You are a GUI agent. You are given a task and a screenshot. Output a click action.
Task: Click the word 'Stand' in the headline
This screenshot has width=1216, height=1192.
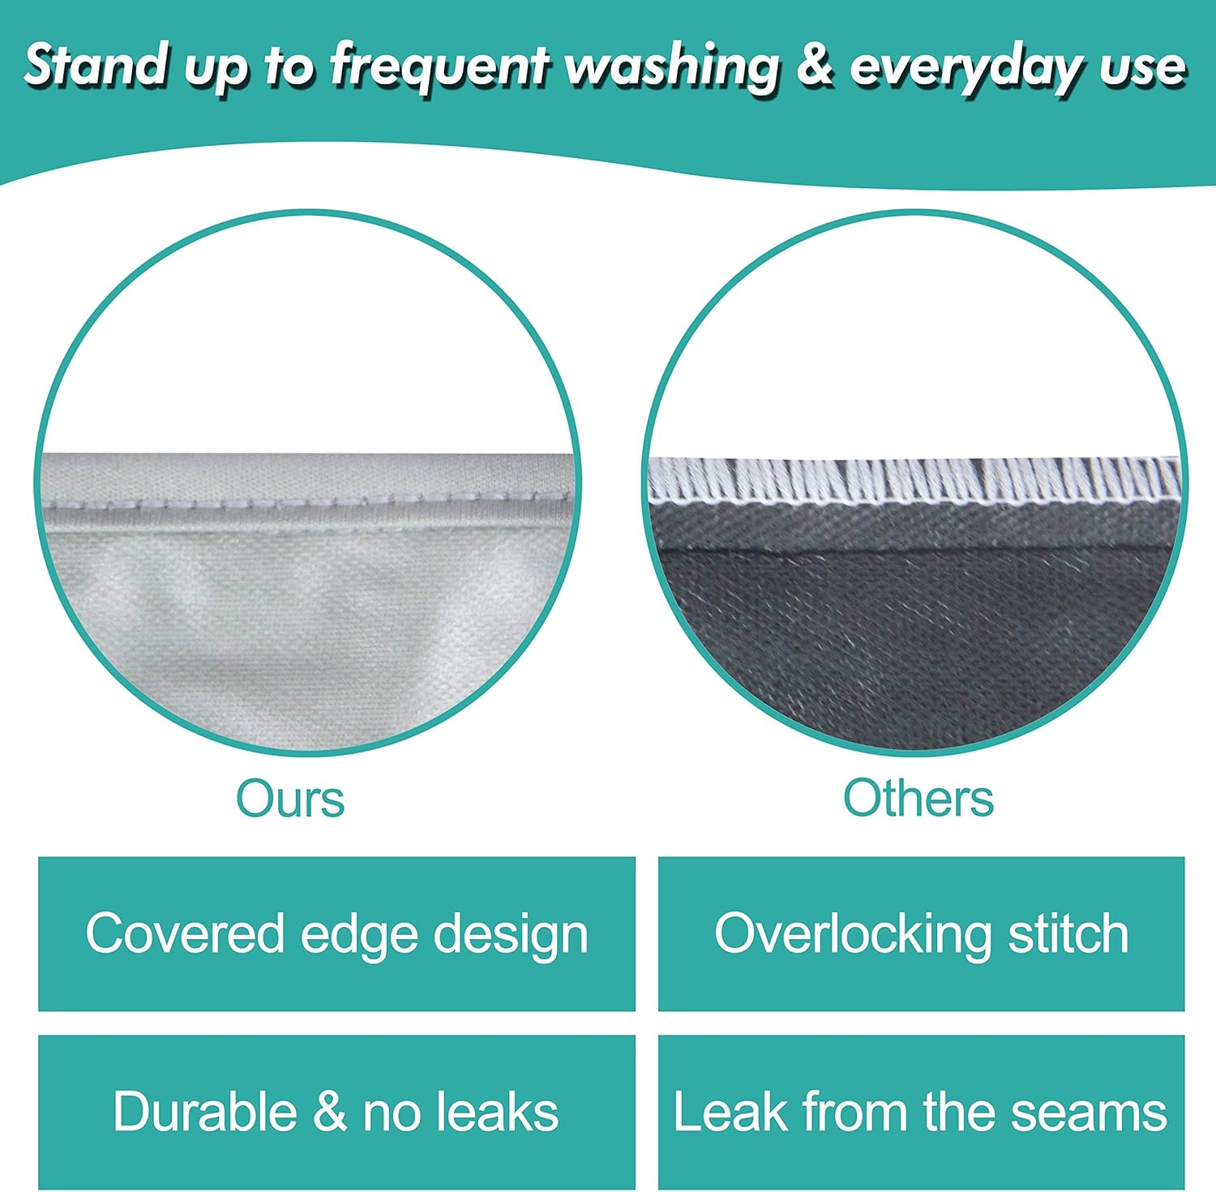pyautogui.click(x=95, y=65)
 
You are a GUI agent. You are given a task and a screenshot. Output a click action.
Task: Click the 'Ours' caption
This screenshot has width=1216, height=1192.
pyautogui.click(x=290, y=799)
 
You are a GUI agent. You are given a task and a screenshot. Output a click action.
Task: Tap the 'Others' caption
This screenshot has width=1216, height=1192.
pyautogui.click(x=918, y=799)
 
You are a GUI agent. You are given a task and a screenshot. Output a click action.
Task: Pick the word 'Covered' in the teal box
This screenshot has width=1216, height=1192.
pyautogui.click(x=184, y=933)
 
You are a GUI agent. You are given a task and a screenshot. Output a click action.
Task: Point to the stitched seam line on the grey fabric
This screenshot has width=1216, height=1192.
pyautogui.click(x=308, y=503)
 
